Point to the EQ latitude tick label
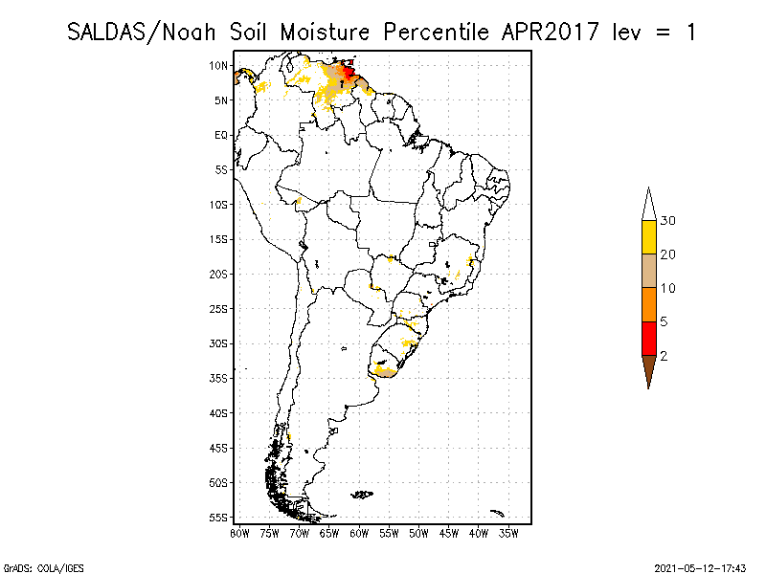[x=220, y=135]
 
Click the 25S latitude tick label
[x=217, y=308]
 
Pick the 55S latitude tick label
[x=217, y=517]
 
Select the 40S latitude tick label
[x=217, y=412]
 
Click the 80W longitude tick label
[x=239, y=533]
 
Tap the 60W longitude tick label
[x=359, y=533]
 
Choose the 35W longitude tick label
[x=508, y=533]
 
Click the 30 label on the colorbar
[x=668, y=221]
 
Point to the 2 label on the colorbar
[x=665, y=356]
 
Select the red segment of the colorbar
[x=649, y=338]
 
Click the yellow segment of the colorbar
[x=649, y=237]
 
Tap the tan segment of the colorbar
[x=649, y=271]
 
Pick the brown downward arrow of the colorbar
[x=649, y=368]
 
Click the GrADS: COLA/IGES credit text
[x=31, y=566]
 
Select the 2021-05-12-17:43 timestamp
[x=700, y=566]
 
